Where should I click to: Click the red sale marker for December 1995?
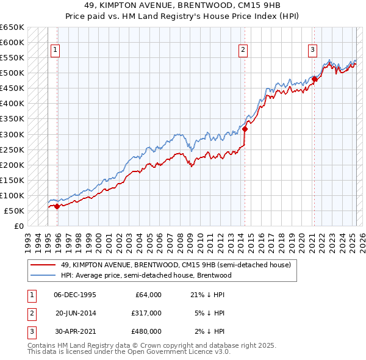click(x=57, y=206)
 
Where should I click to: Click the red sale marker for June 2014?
click(x=245, y=129)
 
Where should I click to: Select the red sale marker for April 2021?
click(x=314, y=79)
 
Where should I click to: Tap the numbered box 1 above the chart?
click(x=55, y=50)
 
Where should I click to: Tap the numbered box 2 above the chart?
click(x=243, y=50)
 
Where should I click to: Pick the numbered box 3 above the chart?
click(x=312, y=50)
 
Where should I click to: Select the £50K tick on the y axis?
click(x=15, y=211)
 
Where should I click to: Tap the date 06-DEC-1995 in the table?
click(x=74, y=295)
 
